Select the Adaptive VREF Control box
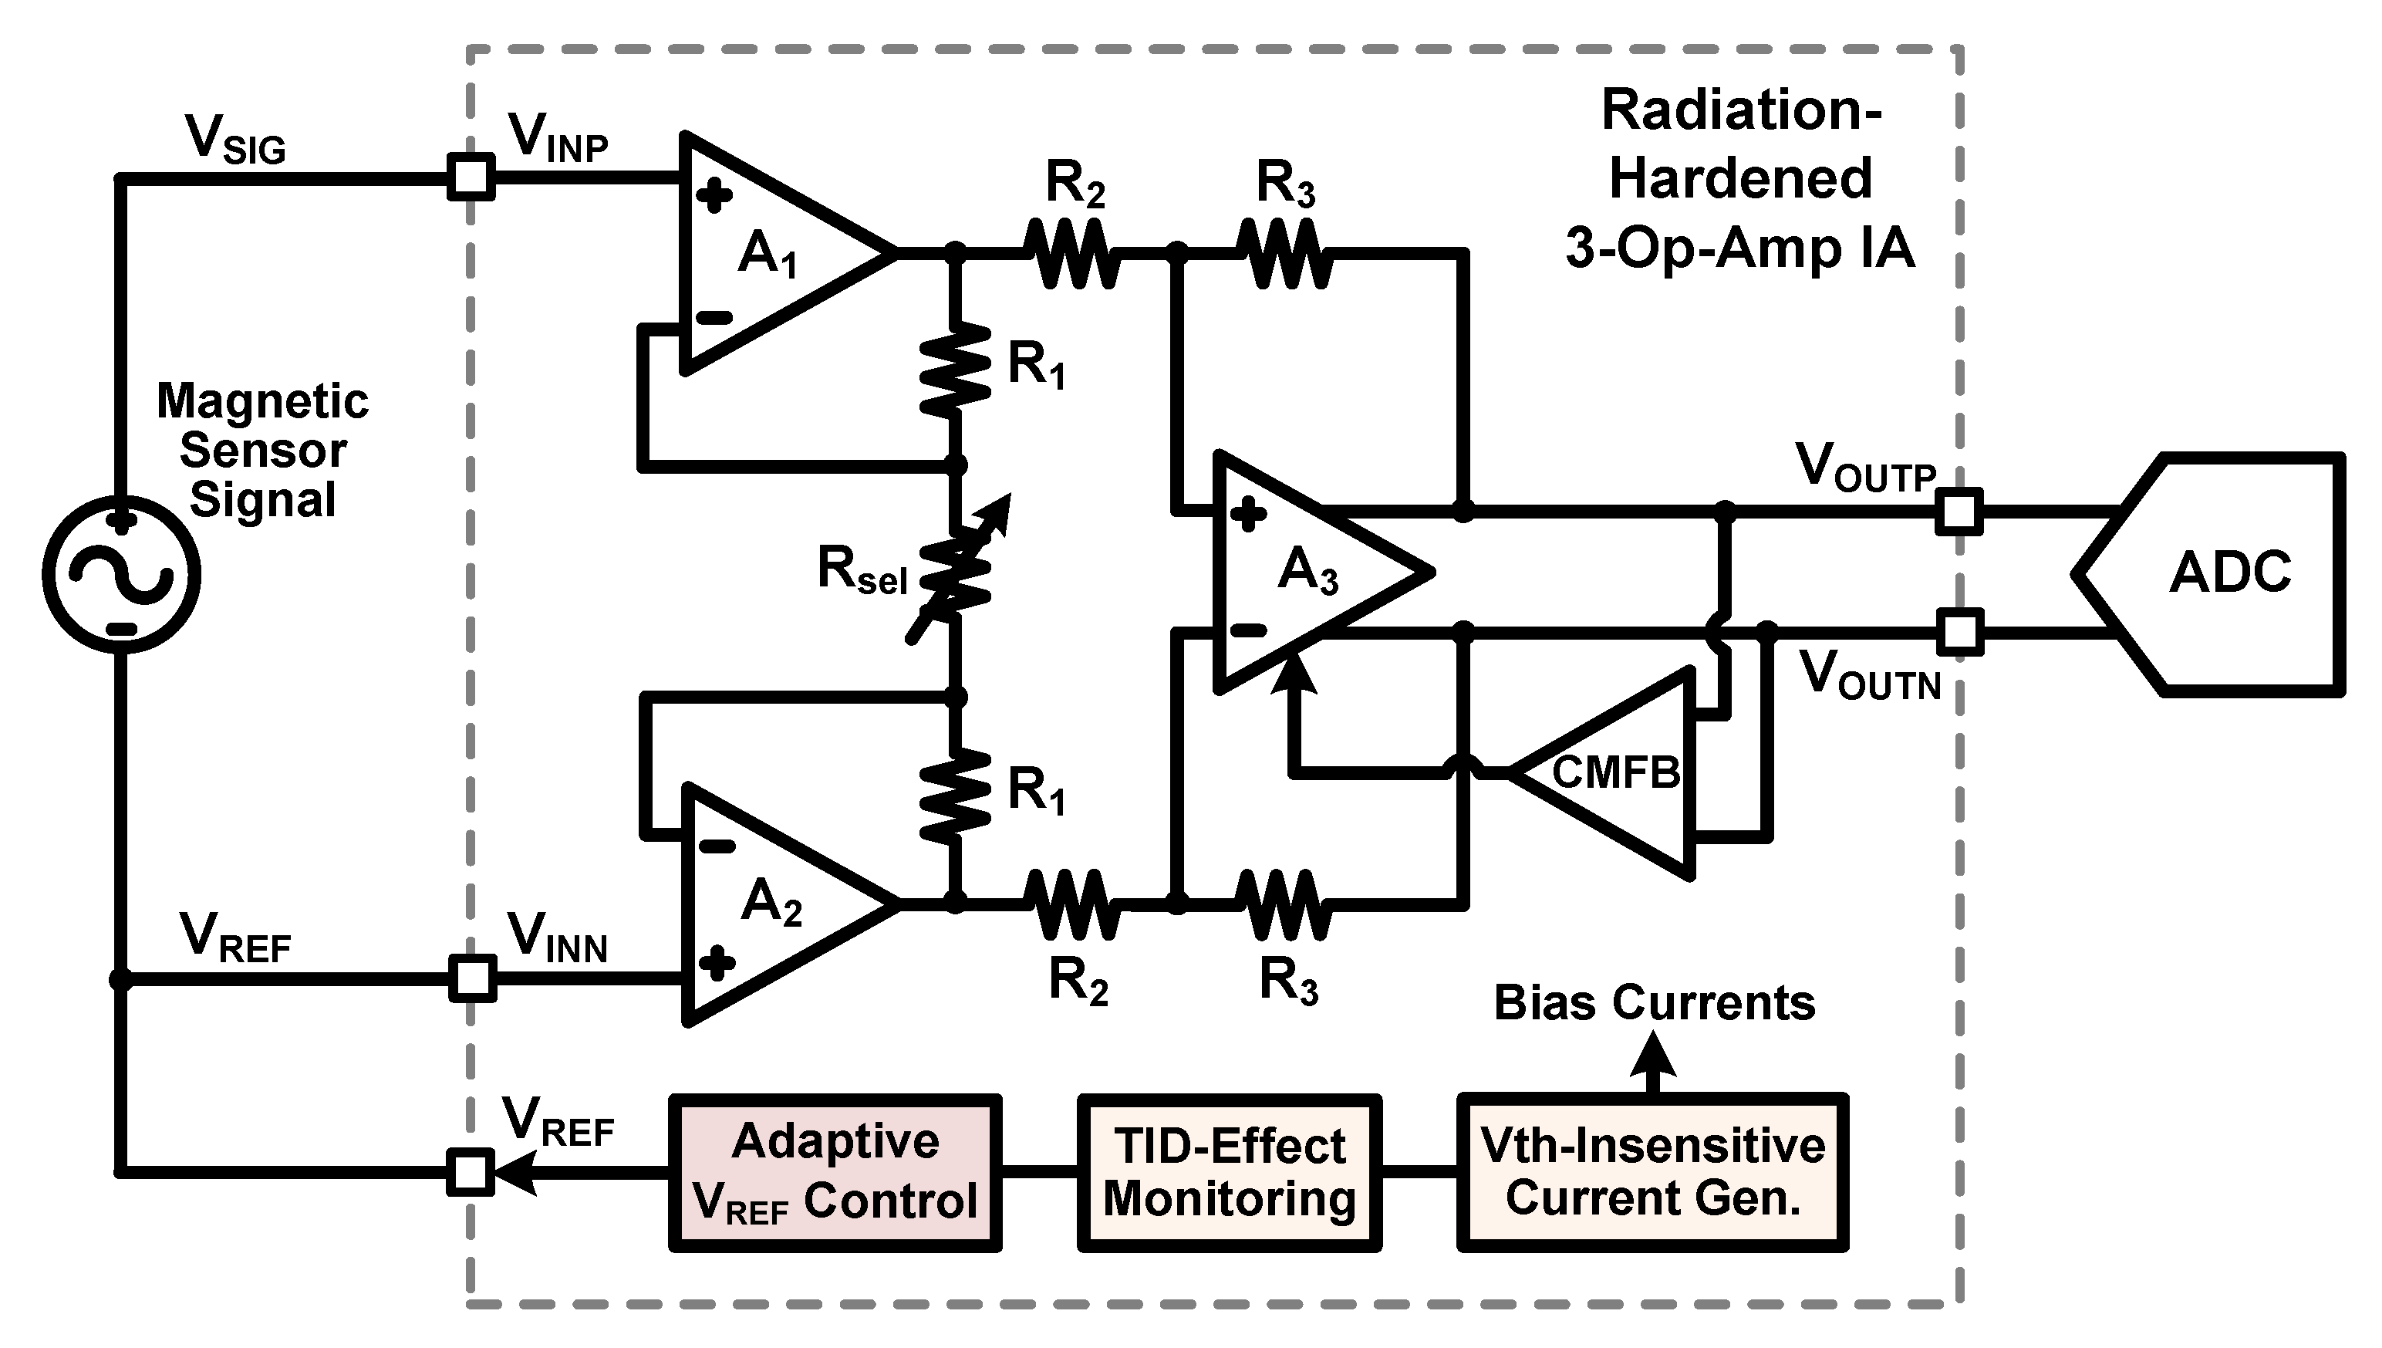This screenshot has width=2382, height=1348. click(835, 1172)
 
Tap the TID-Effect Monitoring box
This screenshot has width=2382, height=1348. click(1229, 1172)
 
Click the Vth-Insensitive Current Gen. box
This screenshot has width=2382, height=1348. click(1653, 1172)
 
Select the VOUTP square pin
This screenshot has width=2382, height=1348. click(1959, 511)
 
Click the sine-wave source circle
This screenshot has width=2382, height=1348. click(121, 574)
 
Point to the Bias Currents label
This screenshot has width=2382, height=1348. click(1654, 1002)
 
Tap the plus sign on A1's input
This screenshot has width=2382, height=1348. click(714, 195)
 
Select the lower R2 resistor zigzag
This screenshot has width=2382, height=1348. click(1074, 904)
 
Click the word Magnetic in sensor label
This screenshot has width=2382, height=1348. click(263, 402)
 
